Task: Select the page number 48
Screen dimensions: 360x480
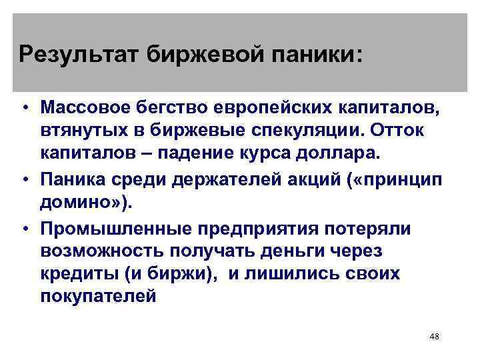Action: click(435, 337)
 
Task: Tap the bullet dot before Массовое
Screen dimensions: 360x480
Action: click(23, 109)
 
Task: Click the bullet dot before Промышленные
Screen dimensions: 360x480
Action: click(23, 229)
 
